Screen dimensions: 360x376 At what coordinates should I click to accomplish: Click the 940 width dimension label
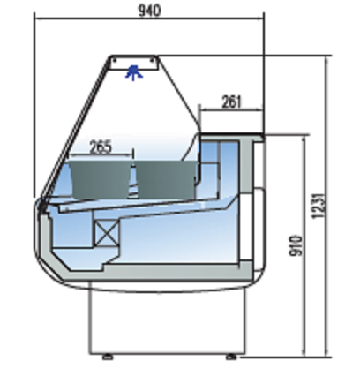[150, 11]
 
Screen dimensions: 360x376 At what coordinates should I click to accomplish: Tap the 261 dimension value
[231, 102]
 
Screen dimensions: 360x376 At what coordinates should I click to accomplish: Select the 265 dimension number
[101, 147]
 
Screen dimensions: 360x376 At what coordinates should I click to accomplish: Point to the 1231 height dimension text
[319, 206]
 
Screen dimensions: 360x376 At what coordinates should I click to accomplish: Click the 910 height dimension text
[296, 245]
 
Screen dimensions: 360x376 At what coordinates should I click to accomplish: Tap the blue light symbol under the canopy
[134, 72]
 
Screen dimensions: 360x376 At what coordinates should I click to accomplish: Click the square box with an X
[107, 233]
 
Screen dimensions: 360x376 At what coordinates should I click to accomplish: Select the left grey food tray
[100, 179]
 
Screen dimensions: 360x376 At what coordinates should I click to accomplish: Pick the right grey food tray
[166, 179]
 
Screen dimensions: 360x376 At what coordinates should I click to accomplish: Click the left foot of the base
[108, 357]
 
